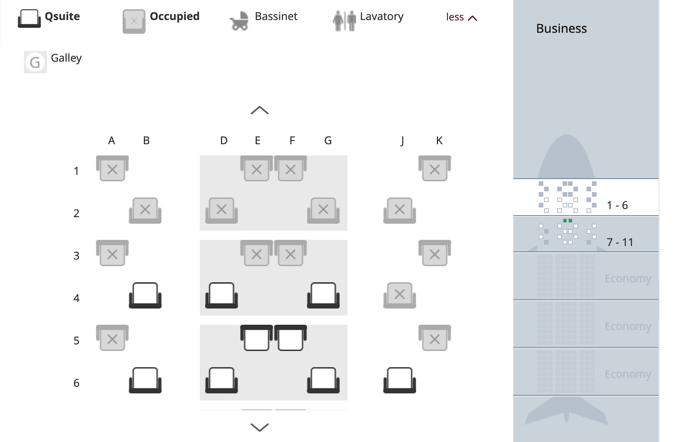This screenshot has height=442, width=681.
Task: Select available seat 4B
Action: tap(145, 295)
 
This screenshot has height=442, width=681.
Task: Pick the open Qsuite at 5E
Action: tap(256, 338)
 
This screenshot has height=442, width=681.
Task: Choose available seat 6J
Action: tap(399, 380)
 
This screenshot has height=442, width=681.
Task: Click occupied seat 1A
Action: tap(112, 168)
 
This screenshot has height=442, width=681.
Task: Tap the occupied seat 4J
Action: tap(399, 295)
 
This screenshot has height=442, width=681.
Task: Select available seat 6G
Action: tap(323, 380)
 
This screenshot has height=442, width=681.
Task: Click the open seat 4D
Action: tap(221, 295)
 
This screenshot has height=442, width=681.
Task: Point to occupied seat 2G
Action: tap(323, 210)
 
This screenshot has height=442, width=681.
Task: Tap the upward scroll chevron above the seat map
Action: tap(260, 110)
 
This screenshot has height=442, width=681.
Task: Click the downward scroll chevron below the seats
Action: tap(260, 427)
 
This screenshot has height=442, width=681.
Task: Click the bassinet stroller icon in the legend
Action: tap(239, 21)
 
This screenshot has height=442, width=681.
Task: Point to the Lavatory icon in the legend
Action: tap(344, 21)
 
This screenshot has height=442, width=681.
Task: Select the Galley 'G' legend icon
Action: tap(35, 62)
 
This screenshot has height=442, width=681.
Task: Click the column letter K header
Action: tap(439, 140)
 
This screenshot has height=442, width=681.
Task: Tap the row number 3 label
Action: tap(76, 256)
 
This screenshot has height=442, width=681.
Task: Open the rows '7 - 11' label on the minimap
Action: tap(620, 242)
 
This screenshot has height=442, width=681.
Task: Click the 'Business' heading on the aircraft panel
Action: tap(561, 28)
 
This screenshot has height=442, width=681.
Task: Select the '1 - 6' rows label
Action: tap(617, 205)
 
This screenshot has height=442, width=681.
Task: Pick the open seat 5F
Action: tap(290, 338)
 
